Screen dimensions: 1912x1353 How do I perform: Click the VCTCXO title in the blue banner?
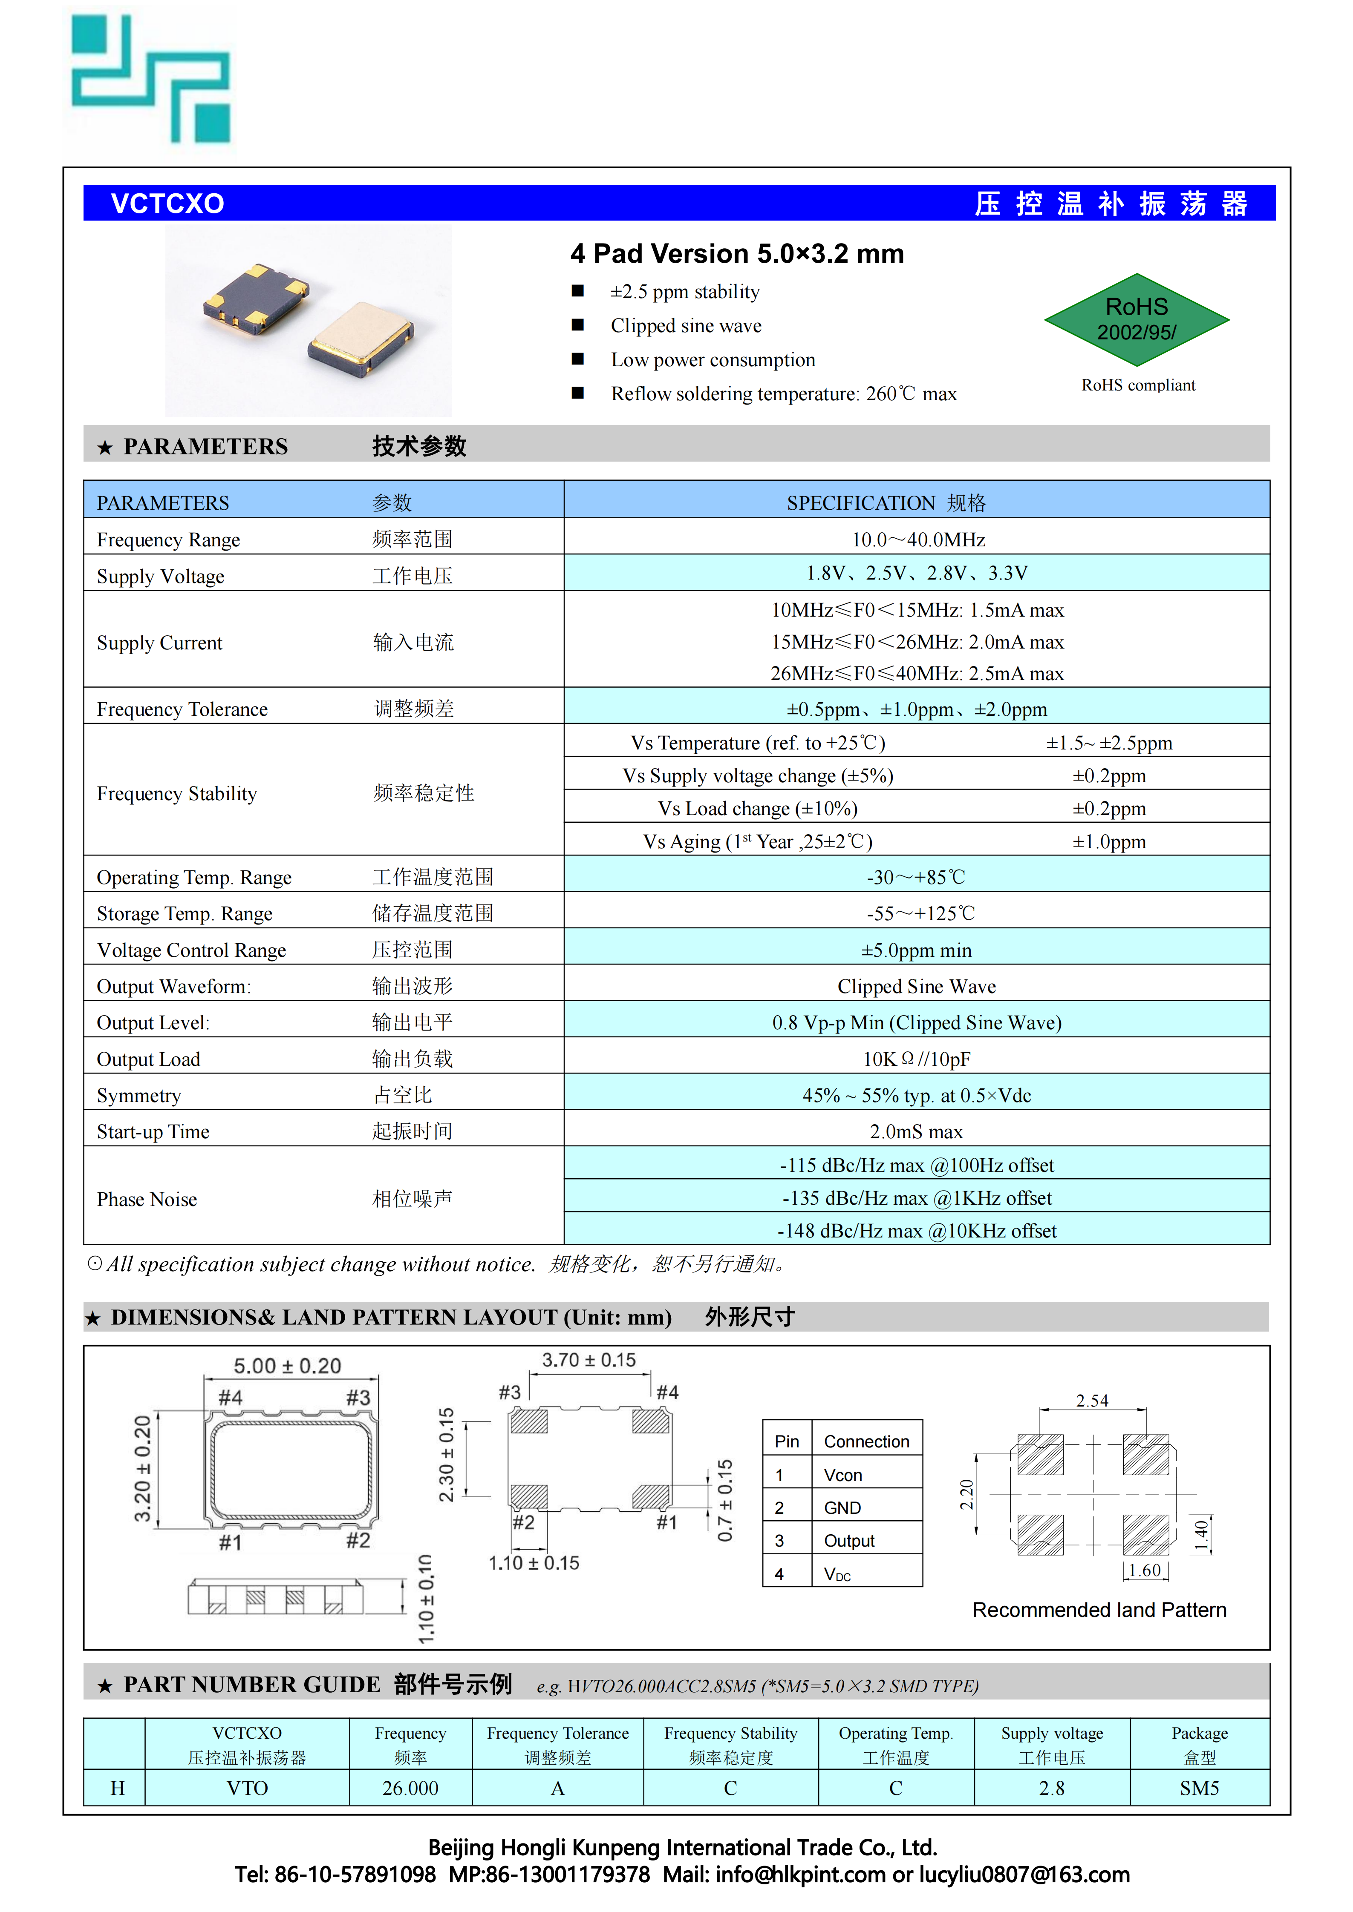[x=167, y=203]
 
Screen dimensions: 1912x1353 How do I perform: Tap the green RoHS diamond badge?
[x=1137, y=320]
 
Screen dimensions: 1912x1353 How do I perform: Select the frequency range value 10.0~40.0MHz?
[x=917, y=540]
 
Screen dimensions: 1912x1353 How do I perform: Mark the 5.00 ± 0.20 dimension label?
[x=287, y=1366]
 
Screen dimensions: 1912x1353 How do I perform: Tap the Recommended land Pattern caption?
[x=1099, y=1610]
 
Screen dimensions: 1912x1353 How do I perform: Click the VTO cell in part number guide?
[x=248, y=1788]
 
